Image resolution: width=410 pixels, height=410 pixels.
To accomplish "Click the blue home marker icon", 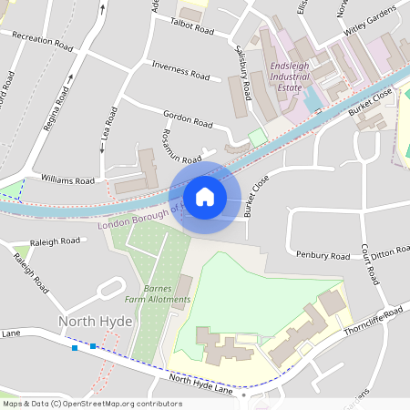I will (205, 197).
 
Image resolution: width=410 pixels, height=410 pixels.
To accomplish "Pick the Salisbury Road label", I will (244, 73).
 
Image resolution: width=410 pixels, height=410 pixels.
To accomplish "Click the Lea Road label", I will (108, 128).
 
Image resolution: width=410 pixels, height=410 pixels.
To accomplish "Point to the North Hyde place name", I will (96, 322).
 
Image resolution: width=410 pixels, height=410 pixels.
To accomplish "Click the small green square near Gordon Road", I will (258, 136).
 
